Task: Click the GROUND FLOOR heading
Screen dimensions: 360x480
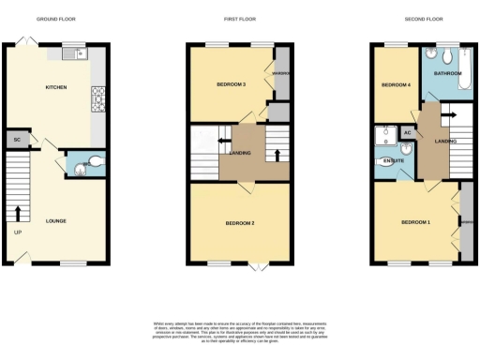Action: click(56, 18)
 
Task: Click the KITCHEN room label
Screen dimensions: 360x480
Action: click(56, 87)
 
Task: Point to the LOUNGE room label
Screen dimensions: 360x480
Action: click(55, 221)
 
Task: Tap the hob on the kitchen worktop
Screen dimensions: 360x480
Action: click(97, 95)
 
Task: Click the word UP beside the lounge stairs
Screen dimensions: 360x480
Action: click(17, 232)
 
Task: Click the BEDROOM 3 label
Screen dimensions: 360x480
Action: click(231, 85)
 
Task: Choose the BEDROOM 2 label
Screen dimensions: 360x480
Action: click(240, 223)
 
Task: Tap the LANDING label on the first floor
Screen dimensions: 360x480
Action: click(240, 153)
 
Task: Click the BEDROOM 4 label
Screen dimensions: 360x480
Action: click(393, 85)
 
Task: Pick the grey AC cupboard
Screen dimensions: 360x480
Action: click(408, 133)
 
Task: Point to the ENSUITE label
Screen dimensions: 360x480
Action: click(394, 161)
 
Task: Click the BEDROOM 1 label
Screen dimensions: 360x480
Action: click(415, 222)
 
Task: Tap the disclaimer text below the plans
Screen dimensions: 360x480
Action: click(240, 330)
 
